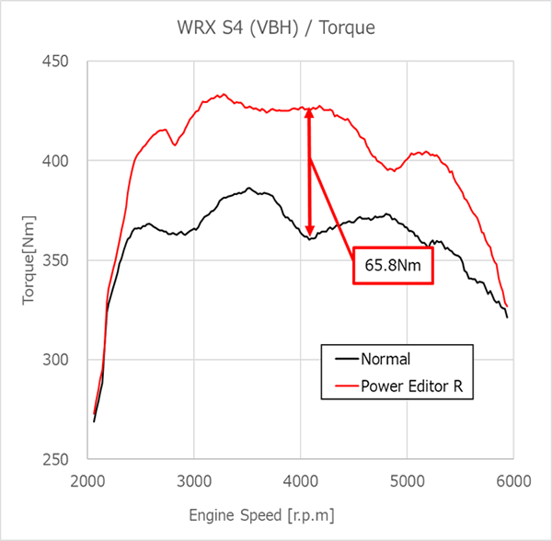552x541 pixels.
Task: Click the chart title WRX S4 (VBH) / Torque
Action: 276,29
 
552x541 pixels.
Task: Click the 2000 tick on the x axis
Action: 87,480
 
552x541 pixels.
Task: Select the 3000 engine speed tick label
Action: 194,480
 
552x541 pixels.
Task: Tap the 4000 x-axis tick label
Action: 301,480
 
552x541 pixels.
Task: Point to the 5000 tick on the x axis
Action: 408,480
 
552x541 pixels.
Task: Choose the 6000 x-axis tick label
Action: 513,480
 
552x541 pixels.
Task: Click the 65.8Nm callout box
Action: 393,265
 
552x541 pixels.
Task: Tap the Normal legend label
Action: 386,360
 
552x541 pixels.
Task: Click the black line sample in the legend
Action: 343,360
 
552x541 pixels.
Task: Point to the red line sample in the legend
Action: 343,386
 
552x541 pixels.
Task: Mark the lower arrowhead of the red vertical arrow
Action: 310,230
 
